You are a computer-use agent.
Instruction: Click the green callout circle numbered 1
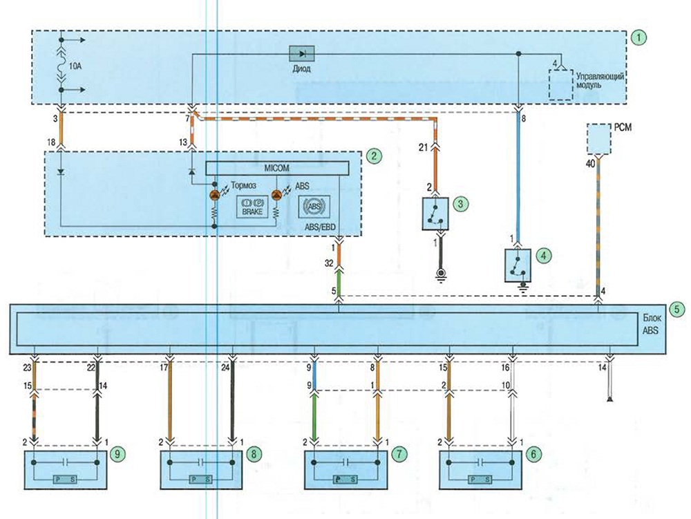pyautogui.click(x=638, y=38)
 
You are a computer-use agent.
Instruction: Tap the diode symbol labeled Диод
pyautogui.click(x=301, y=54)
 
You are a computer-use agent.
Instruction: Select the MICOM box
pyautogui.click(x=277, y=168)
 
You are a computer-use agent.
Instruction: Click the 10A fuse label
pyautogui.click(x=75, y=66)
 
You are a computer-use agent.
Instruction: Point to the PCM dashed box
pyautogui.click(x=599, y=139)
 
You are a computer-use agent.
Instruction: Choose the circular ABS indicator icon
pyautogui.click(x=314, y=207)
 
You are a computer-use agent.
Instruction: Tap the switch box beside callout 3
pyautogui.click(x=435, y=214)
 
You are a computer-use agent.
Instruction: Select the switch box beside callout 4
pyautogui.click(x=518, y=265)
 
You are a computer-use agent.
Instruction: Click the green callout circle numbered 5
pyautogui.click(x=677, y=310)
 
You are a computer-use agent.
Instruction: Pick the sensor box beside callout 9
pyautogui.click(x=65, y=470)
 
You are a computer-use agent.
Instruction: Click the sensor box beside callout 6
pyautogui.click(x=480, y=470)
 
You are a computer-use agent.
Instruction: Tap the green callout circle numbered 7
pyautogui.click(x=399, y=454)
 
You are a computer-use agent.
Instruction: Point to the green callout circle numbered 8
pyautogui.click(x=254, y=454)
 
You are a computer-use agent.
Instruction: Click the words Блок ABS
pyautogui.click(x=651, y=324)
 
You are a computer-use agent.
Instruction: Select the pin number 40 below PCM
pyautogui.click(x=590, y=164)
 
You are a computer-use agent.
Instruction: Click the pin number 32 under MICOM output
pyautogui.click(x=329, y=263)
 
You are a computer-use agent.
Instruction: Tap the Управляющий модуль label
pyautogui.click(x=600, y=80)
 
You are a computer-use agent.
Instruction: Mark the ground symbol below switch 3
pyautogui.click(x=439, y=274)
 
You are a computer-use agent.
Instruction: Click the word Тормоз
pyautogui.click(x=244, y=185)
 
